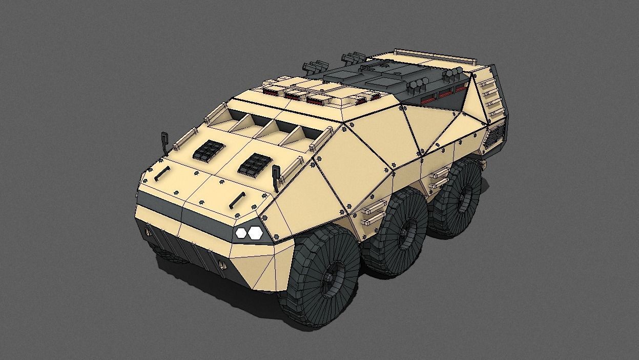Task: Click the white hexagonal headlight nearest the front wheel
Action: pyautogui.click(x=255, y=233)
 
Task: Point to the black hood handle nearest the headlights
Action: pyautogui.click(x=238, y=199)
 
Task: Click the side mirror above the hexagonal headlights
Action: pyautogui.click(x=276, y=174)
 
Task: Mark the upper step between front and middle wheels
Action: pyautogui.click(x=375, y=207)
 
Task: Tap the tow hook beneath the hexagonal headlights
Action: pyautogui.click(x=222, y=265)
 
